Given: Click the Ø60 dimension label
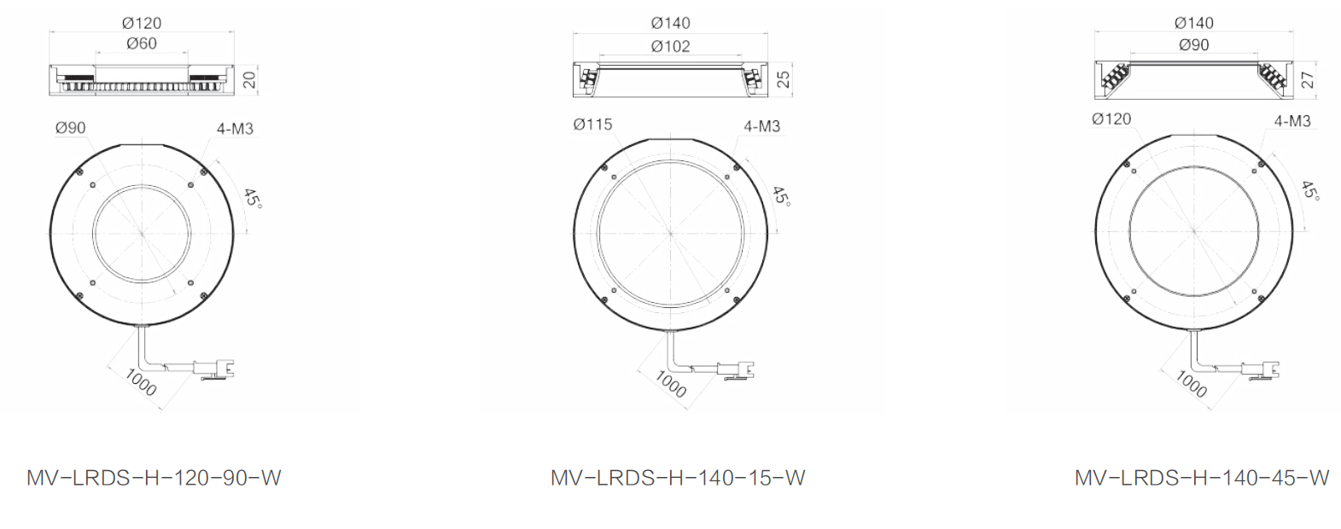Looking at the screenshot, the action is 142,44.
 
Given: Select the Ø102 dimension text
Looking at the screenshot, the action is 671,47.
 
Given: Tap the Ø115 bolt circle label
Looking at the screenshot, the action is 592,125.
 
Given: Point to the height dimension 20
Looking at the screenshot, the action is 250,79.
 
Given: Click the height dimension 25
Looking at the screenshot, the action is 784,79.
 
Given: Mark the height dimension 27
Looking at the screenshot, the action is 1308,79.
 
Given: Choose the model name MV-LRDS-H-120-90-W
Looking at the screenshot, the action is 154,478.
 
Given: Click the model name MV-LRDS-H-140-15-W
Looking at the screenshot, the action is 678,478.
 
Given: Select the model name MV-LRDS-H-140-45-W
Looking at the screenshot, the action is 1202,478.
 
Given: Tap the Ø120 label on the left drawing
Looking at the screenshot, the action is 142,23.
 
